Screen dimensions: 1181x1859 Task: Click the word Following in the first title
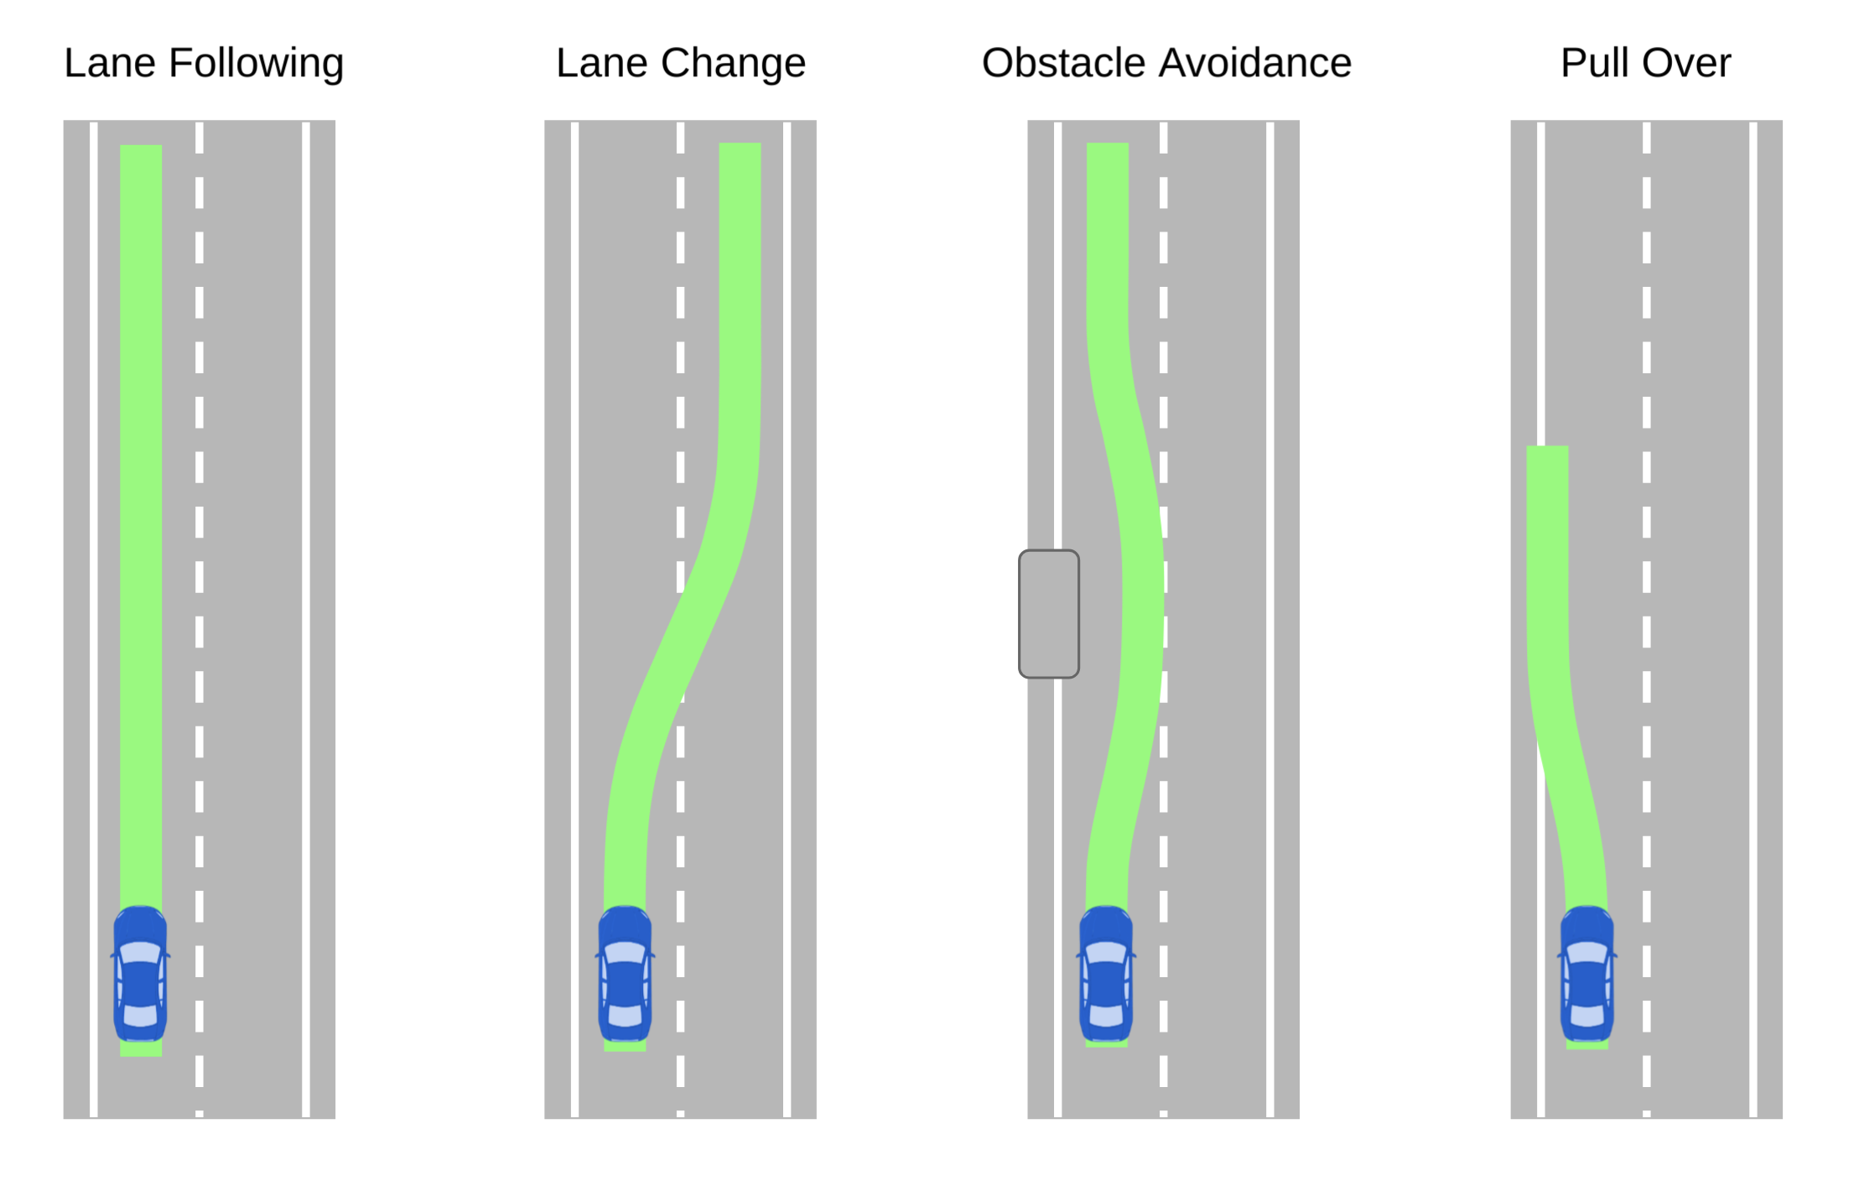coord(256,64)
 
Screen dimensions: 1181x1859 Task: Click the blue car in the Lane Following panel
coord(140,974)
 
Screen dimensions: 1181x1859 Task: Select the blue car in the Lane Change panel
coord(625,974)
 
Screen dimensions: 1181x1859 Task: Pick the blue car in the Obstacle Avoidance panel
coord(1106,974)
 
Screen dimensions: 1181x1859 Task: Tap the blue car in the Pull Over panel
coord(1586,974)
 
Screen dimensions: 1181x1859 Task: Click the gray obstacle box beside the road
coord(1048,614)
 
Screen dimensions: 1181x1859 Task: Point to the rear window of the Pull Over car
coord(1586,1016)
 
